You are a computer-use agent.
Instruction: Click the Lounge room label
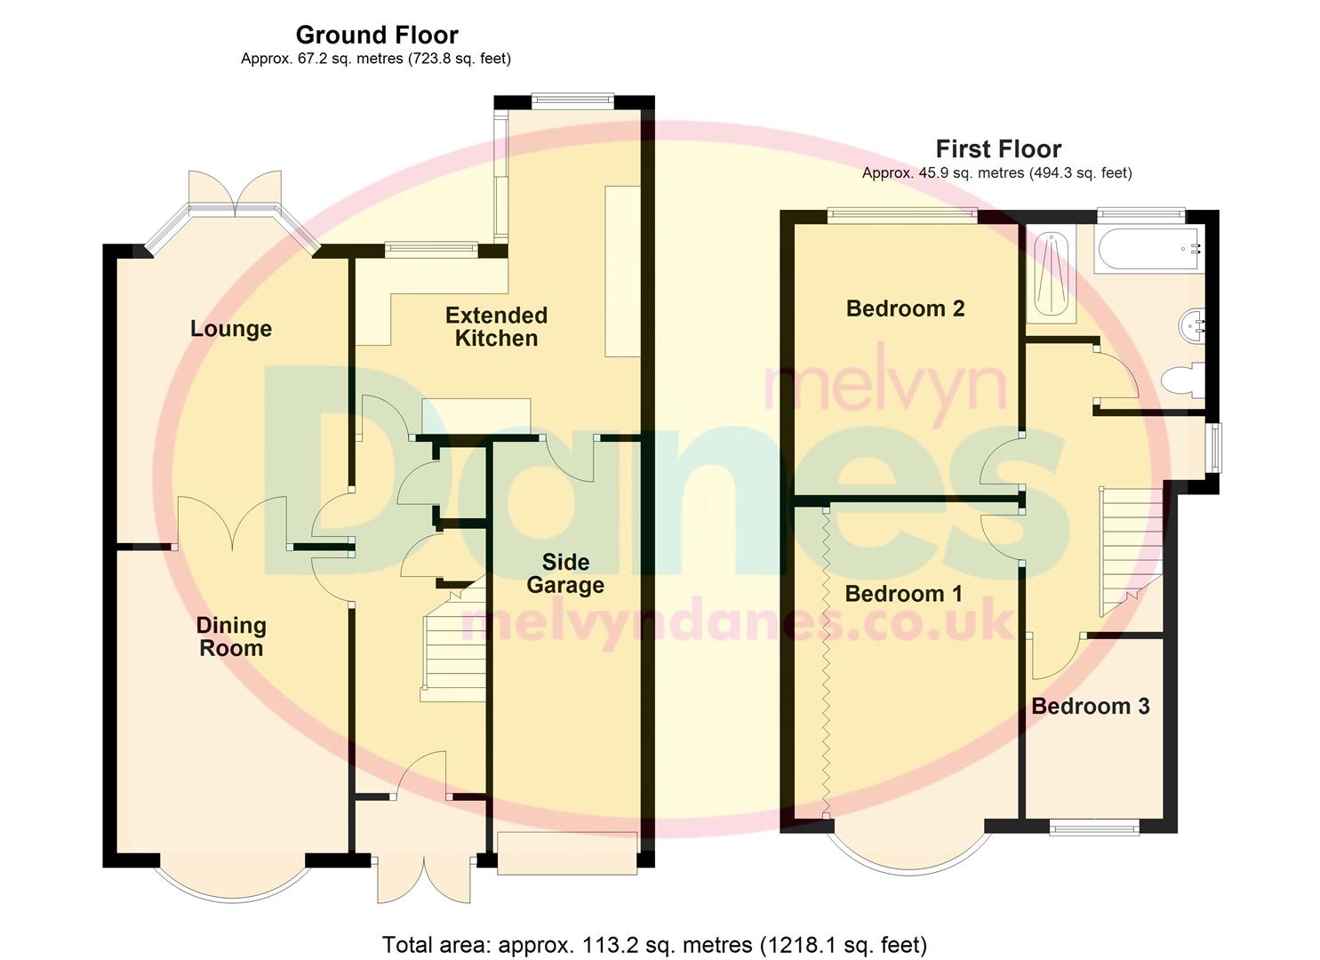230,329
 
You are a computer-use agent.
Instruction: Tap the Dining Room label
230,636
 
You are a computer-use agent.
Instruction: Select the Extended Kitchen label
496,326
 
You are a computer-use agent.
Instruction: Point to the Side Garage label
565,573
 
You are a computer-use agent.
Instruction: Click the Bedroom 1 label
903,594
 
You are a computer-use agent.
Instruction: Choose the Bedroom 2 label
905,308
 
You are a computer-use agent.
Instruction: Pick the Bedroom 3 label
1090,707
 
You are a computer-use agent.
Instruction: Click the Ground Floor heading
377,35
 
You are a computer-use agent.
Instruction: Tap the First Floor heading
998,148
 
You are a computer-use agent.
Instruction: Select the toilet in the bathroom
1182,380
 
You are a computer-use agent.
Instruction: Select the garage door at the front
567,853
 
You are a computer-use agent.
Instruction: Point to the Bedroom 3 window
1093,828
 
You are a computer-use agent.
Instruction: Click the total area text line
654,944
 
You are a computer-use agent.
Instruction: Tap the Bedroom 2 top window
901,214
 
